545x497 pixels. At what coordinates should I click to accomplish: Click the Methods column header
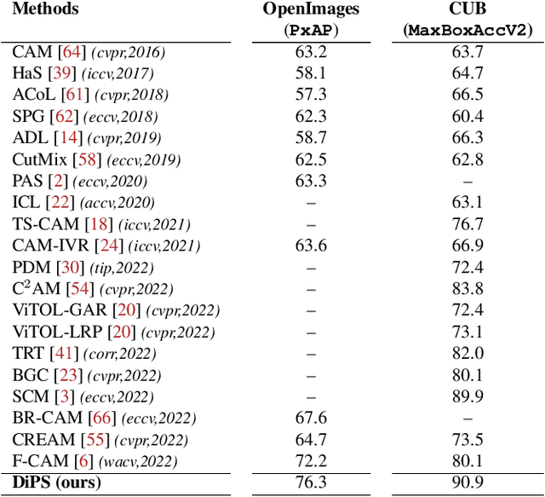point(45,10)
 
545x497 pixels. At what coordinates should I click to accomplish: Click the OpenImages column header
point(310,10)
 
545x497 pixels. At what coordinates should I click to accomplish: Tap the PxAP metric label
point(310,30)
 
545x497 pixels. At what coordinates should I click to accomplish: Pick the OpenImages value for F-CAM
point(310,462)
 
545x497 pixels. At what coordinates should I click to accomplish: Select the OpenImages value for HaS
point(310,72)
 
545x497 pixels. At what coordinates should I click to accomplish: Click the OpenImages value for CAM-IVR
point(310,246)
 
